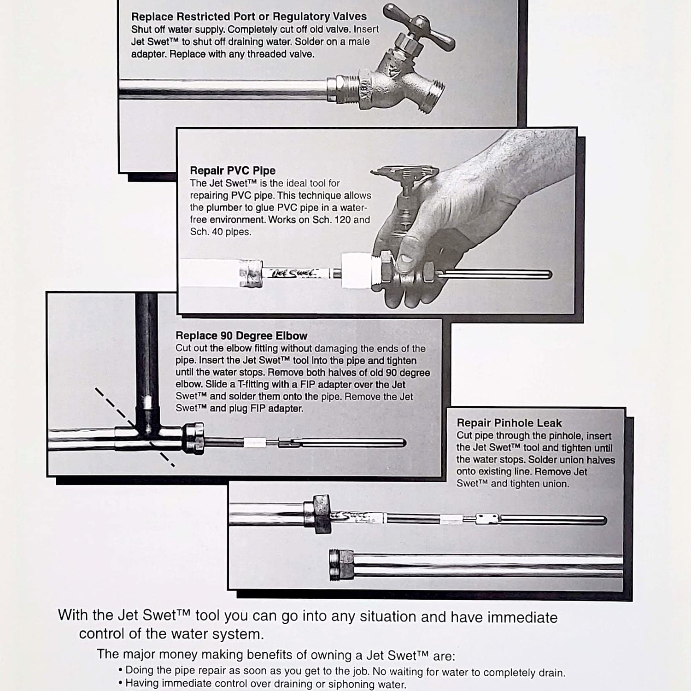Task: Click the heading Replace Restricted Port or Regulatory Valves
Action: pos(249,17)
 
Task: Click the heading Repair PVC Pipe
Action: pos(233,171)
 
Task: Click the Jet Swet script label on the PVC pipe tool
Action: pos(293,273)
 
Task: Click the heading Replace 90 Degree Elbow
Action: pos(241,336)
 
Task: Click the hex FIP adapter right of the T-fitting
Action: pos(193,439)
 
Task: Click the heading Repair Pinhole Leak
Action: pos(509,423)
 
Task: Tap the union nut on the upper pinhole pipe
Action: pos(318,514)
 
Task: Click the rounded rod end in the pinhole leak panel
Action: pos(603,521)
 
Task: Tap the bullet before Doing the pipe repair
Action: pos(120,670)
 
